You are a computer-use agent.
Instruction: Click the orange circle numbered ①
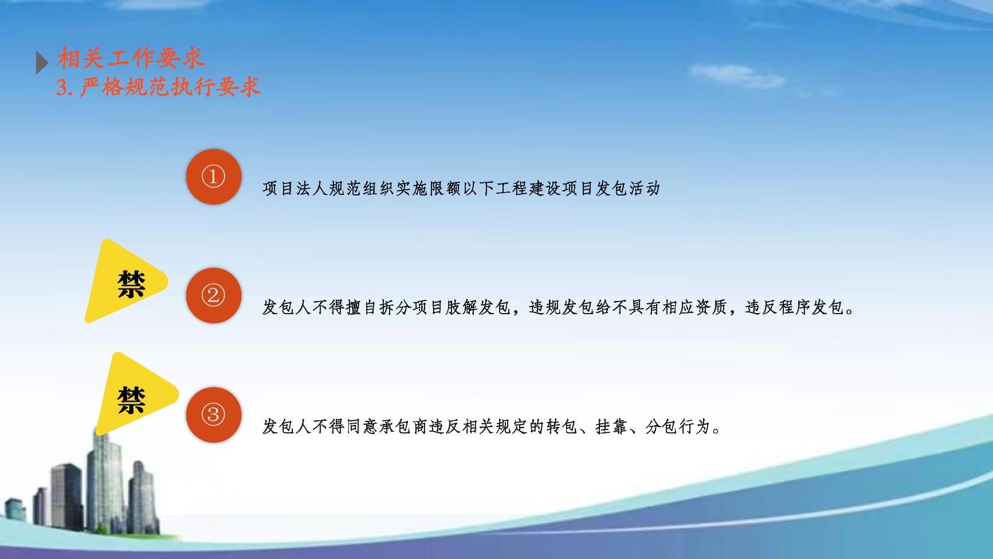(x=213, y=177)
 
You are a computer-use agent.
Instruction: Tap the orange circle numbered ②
(x=213, y=295)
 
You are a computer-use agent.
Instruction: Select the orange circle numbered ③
(x=213, y=414)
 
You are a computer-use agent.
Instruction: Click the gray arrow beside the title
(x=42, y=62)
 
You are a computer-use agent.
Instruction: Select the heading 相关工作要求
(x=131, y=58)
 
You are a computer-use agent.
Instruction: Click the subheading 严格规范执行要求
(x=170, y=87)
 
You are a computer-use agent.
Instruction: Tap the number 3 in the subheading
(x=62, y=87)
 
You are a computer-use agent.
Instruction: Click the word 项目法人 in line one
(x=295, y=188)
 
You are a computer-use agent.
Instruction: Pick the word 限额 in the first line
(x=445, y=188)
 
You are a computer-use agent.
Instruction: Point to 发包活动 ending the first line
(x=627, y=188)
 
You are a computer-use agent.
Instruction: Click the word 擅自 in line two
(x=362, y=307)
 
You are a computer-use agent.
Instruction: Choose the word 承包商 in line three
(x=403, y=427)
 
